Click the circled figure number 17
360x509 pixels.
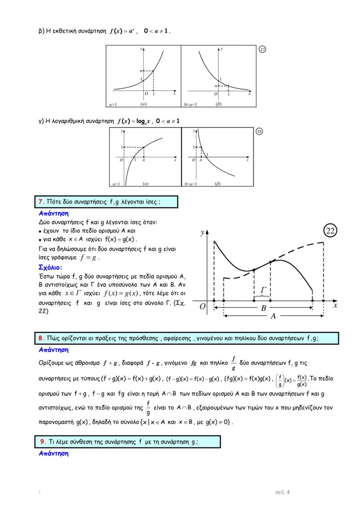pyautogui.click(x=262, y=50)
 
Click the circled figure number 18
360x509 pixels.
pyautogui.click(x=259, y=132)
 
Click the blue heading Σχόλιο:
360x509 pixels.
pyautogui.click(x=50, y=267)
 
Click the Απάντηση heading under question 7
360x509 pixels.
pyautogui.click(x=53, y=213)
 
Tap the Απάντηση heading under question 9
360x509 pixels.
pyautogui.click(x=53, y=453)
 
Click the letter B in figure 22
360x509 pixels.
pyautogui.click(x=263, y=308)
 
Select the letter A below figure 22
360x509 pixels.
pyautogui.click(x=273, y=316)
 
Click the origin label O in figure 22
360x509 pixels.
pyautogui.click(x=203, y=306)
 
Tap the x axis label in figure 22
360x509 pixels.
pyautogui.click(x=335, y=305)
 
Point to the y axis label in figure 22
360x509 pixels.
pyautogui.click(x=202, y=233)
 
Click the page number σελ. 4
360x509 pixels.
pyautogui.click(x=283, y=492)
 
